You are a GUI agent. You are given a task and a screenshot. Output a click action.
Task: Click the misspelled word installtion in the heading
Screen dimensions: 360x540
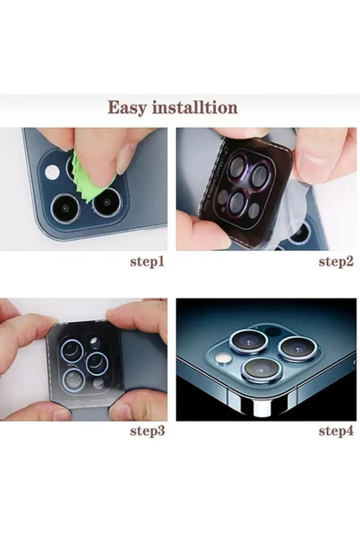195,107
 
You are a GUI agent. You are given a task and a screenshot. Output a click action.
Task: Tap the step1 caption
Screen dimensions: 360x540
148,262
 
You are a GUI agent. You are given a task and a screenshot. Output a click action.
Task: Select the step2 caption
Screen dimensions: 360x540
336,262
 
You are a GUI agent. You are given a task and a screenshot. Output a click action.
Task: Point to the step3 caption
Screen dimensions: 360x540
148,431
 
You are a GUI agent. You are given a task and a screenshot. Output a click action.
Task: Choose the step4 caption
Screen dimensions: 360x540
336,431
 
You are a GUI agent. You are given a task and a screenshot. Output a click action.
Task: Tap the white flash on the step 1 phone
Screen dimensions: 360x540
52,171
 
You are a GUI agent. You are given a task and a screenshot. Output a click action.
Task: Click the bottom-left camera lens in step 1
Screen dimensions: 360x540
65,208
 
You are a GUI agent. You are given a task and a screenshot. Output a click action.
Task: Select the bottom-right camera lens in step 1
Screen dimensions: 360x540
107,202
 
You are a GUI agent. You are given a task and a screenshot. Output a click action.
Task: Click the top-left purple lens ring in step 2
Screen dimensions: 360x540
238,167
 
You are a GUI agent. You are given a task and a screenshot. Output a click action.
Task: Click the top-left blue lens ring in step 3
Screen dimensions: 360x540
72,350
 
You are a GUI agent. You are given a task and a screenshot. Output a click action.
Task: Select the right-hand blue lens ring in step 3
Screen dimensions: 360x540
97,363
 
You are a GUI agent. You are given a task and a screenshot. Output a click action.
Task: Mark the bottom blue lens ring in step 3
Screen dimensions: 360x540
74,380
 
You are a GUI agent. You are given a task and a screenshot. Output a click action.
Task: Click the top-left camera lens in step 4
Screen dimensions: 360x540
249,341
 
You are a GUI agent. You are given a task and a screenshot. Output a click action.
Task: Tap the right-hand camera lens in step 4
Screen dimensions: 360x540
297,348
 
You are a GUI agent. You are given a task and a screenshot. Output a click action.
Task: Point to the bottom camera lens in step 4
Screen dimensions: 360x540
262,369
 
